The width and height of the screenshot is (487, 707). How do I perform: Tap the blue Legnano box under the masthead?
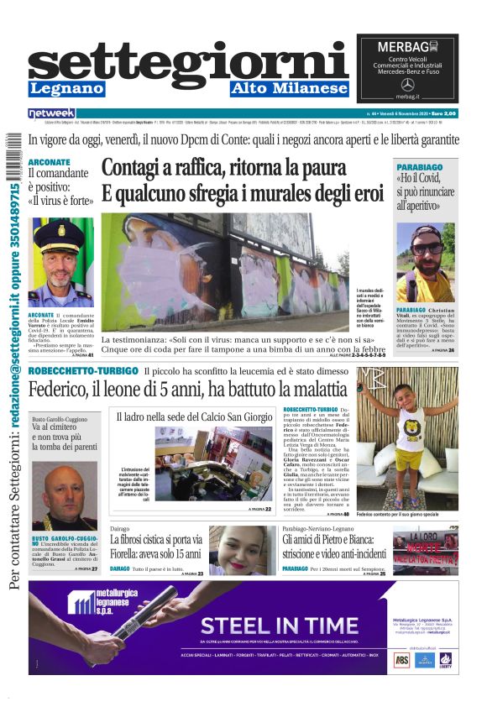(x=66, y=89)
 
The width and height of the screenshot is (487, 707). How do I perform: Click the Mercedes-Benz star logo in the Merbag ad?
(x=408, y=85)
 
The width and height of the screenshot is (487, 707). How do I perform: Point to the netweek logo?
(x=52, y=113)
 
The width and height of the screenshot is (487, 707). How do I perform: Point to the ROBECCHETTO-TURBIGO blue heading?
(x=81, y=370)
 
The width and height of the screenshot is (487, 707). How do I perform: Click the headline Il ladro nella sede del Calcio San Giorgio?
(x=194, y=416)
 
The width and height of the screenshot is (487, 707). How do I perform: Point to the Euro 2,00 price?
(x=443, y=113)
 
